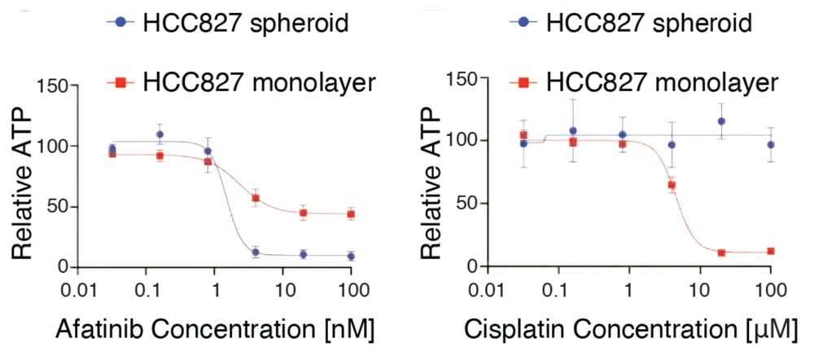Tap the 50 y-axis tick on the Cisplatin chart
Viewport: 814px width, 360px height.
tap(467, 204)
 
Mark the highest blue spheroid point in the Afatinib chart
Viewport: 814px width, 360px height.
tap(160, 134)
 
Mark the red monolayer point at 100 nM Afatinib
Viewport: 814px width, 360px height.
tap(351, 214)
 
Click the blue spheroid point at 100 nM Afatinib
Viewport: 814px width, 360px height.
tap(351, 256)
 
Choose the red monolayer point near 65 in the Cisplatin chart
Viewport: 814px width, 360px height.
tap(672, 185)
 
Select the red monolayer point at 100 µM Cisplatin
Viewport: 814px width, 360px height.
tap(770, 251)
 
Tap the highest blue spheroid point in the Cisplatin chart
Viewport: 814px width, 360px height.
tap(721, 121)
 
